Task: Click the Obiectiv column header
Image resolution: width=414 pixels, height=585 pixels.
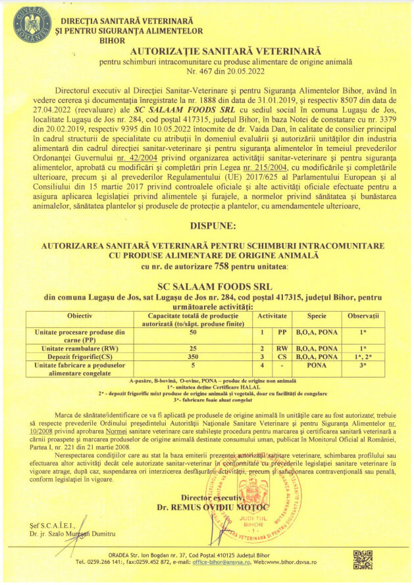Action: pos(80,317)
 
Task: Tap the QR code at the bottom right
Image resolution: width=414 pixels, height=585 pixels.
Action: pos(363,559)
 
